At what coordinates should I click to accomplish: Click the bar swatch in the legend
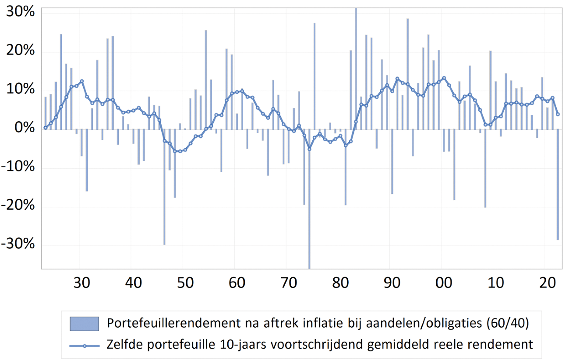84,324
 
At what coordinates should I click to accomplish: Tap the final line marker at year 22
558,114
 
